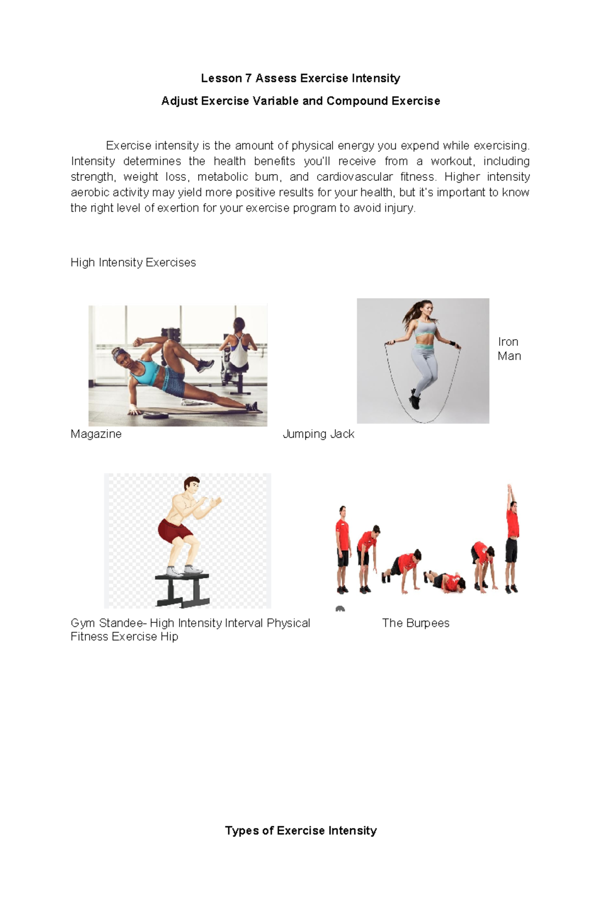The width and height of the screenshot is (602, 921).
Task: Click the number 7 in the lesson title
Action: coord(248,78)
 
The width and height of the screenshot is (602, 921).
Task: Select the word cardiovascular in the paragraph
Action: coord(354,177)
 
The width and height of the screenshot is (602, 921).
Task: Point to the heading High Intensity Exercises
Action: coord(133,262)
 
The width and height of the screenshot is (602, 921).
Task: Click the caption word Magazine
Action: coord(96,434)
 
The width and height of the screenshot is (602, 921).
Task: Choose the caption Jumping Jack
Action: coord(319,434)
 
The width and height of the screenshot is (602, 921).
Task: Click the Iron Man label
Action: coord(509,349)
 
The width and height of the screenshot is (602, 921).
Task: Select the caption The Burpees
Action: coord(415,623)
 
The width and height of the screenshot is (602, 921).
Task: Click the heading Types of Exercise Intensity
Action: coord(300,831)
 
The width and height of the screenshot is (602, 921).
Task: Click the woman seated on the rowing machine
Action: coord(238,346)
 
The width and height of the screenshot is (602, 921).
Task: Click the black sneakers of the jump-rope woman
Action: coord(415,400)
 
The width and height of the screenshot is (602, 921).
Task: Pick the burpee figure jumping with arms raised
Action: coord(512,537)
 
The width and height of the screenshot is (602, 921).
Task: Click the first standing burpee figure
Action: coord(343,550)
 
